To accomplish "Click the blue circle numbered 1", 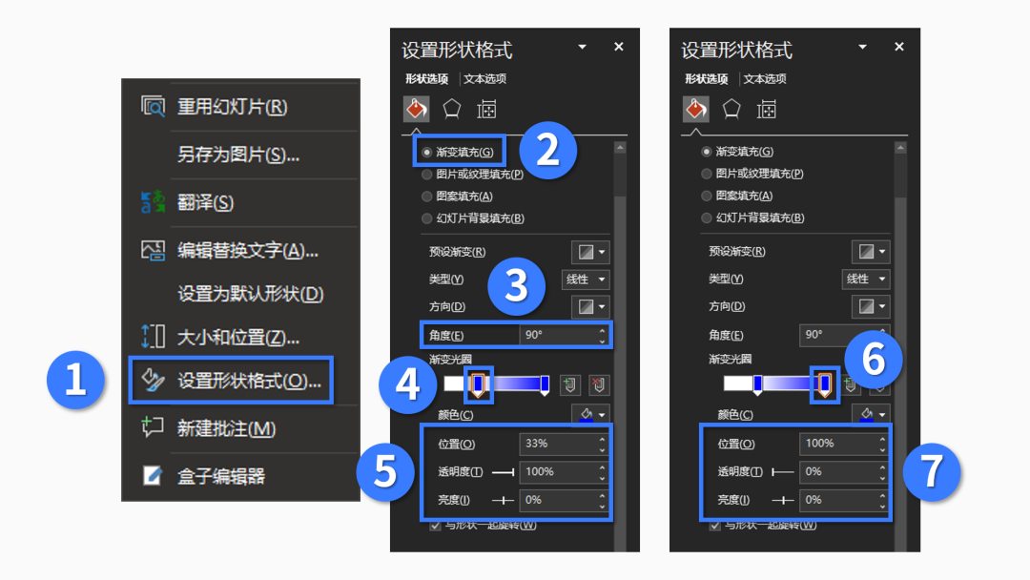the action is pos(75,381).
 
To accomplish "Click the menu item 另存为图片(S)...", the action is pos(237,155).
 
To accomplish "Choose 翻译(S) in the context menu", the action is pos(205,202).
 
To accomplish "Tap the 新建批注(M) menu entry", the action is pos(226,429).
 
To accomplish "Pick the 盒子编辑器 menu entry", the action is pos(220,476).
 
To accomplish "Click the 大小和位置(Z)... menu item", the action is pos(237,337).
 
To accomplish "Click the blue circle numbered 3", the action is pos(516,286).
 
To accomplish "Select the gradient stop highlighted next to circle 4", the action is pos(478,383).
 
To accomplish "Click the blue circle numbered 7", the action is pos(932,471).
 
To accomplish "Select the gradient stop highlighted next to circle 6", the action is pos(824,383).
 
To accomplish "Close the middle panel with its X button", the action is pos(618,47).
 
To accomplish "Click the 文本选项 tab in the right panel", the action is pos(765,79).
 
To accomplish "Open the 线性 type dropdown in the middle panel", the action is pos(586,280).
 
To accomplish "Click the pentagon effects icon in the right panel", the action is pos(731,109).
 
